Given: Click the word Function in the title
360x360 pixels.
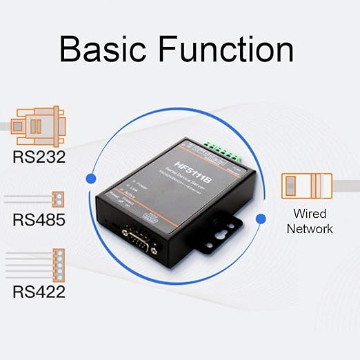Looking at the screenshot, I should tap(226, 50).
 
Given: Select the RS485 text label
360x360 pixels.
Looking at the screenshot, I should tap(39, 221).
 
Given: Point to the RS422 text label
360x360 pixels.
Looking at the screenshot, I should tap(39, 291).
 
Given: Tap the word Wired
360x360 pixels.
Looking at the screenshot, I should tap(309, 214).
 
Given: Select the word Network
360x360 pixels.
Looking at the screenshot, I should tap(310, 228).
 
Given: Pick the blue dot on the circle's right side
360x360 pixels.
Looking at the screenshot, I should tap(261, 219).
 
